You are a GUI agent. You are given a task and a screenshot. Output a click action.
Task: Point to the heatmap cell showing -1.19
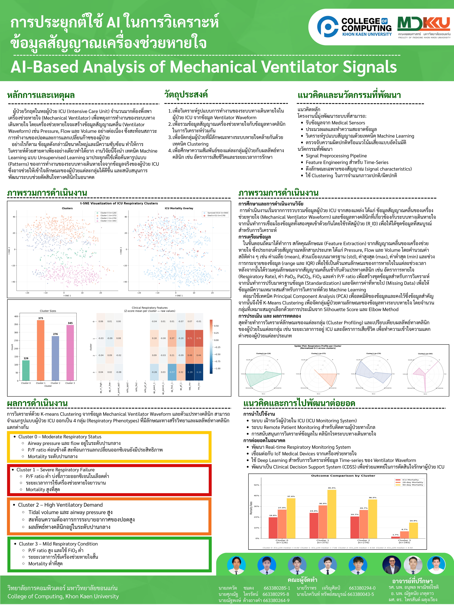[190, 372]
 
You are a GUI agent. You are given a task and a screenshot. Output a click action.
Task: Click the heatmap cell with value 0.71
[190, 338]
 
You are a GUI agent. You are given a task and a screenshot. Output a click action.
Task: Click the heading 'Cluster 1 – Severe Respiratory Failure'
[56, 470]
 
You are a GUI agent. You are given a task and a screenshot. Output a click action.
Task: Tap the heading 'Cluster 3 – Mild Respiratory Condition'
[58, 544]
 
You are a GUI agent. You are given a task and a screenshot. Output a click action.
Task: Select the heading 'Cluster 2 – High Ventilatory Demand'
[60, 505]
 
